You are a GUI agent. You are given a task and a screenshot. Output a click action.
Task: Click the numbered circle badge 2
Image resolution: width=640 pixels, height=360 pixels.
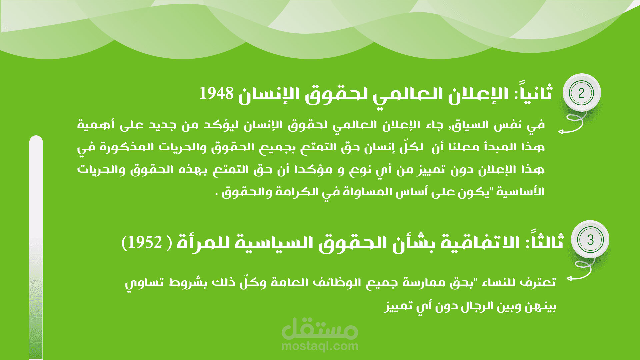(581, 93)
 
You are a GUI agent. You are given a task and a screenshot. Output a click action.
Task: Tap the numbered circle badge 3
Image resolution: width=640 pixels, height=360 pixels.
(590, 239)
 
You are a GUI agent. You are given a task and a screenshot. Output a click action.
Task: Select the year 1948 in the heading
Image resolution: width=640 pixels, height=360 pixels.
(217, 94)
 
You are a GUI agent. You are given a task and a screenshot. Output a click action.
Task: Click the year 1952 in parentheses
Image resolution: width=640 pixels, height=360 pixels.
(144, 242)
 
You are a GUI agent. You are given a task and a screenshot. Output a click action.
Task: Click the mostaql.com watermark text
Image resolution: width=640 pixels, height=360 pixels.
(320, 346)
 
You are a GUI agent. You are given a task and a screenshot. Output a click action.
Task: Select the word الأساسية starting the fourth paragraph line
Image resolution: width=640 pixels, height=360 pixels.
(521, 191)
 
